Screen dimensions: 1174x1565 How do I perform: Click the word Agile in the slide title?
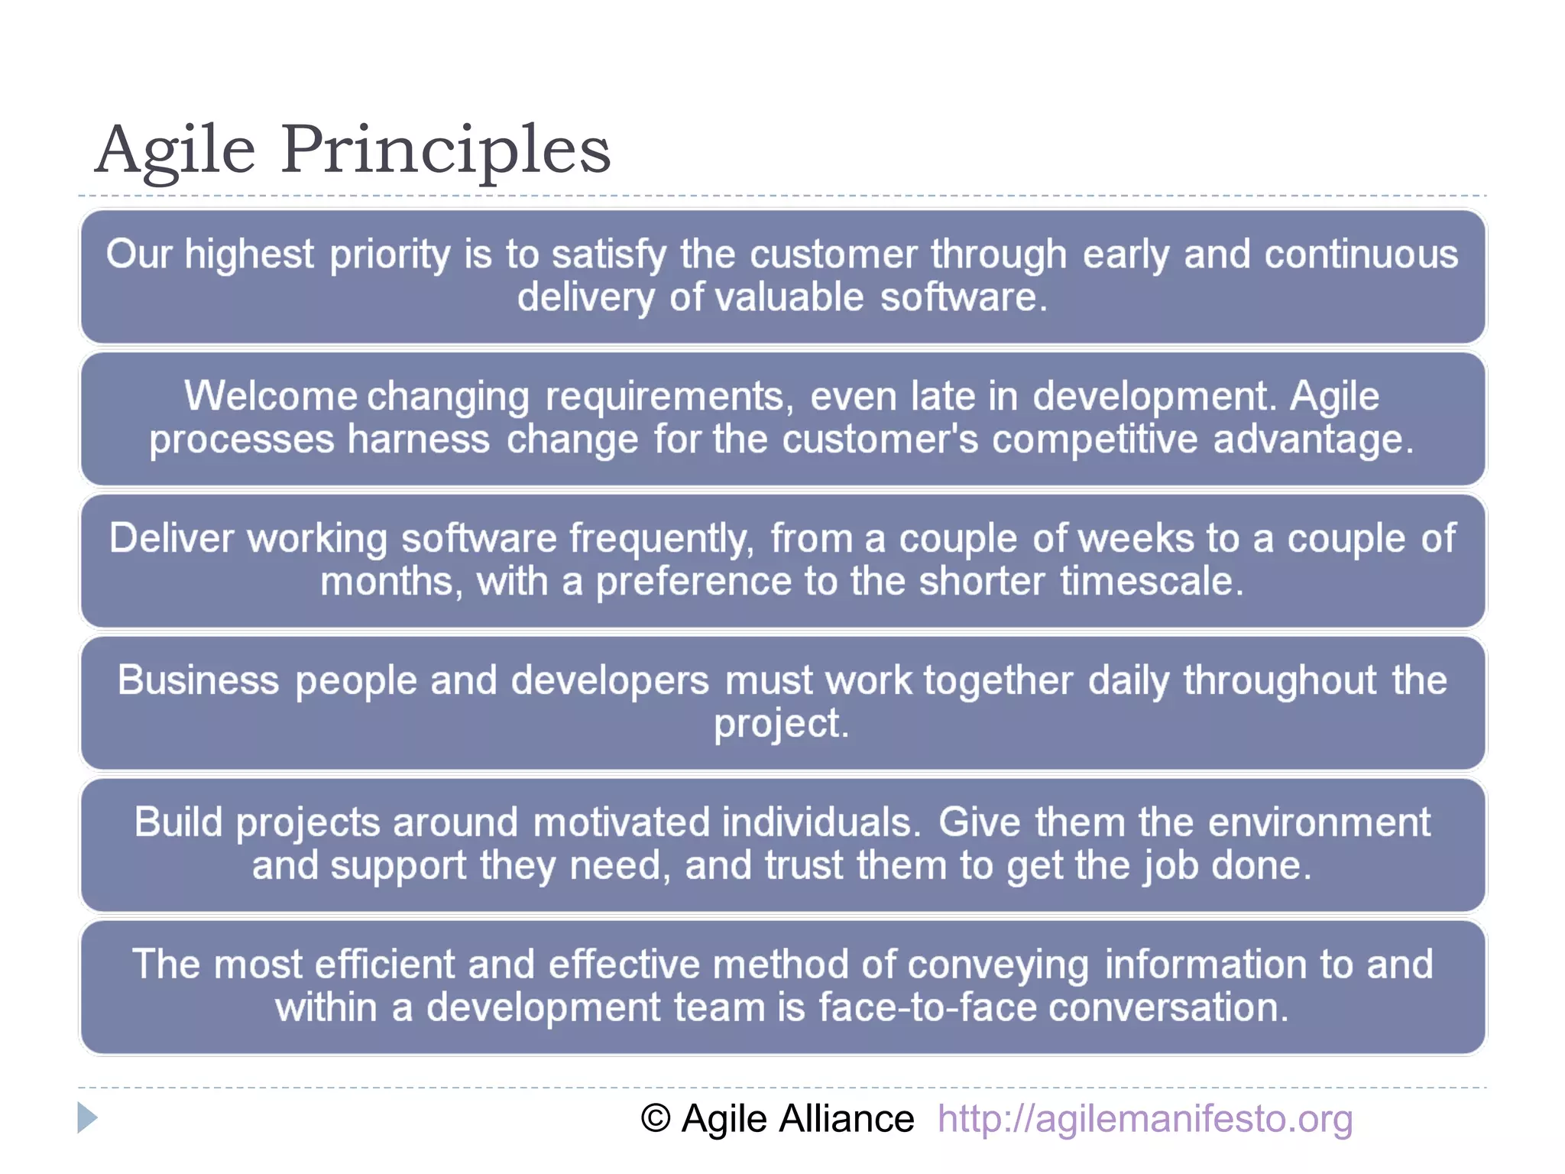pos(175,150)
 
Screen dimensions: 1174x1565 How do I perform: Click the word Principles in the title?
pos(446,150)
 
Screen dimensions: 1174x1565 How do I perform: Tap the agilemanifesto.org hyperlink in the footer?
pos(1145,1119)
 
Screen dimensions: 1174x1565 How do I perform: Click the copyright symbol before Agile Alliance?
pos(656,1119)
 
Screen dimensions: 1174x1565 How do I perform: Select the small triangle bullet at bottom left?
pos(87,1118)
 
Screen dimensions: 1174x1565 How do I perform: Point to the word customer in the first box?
pos(833,255)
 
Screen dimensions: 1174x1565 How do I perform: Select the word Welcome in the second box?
pos(271,397)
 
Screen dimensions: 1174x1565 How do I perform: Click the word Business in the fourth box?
pos(198,680)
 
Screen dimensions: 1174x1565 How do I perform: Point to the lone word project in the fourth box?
pos(781,724)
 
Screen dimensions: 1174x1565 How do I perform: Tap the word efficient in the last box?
pos(384,965)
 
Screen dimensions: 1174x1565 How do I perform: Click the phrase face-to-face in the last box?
pos(927,1007)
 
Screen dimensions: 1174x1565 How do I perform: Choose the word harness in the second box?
pos(419,439)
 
